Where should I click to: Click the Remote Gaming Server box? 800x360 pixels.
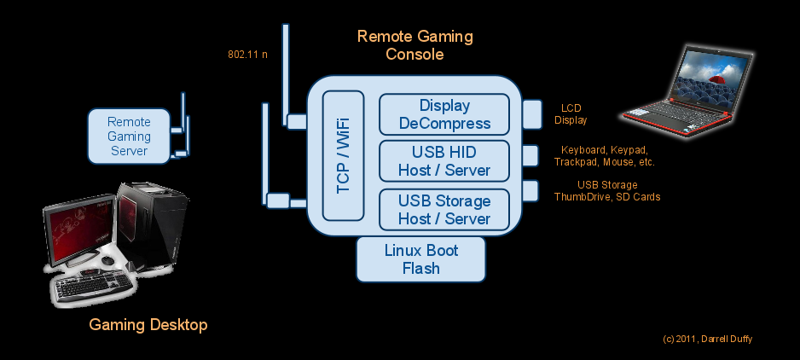tap(129, 136)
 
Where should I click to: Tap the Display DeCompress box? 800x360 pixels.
tap(444, 114)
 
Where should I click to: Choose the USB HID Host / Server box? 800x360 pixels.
tap(444, 161)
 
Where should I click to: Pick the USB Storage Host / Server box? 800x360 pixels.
tap(444, 210)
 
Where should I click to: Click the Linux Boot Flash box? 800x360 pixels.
tap(420, 259)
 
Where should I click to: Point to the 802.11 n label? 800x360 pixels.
tap(247, 55)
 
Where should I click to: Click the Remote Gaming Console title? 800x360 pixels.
tap(414, 45)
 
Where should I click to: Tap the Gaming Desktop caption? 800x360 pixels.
tap(148, 325)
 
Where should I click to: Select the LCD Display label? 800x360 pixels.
tap(571, 114)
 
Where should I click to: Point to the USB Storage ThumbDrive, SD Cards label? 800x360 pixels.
tap(606, 191)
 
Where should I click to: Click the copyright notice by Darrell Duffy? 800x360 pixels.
tap(707, 340)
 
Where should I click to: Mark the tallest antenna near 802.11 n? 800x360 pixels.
tap(286, 73)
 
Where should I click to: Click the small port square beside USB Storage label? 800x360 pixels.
tap(531, 190)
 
